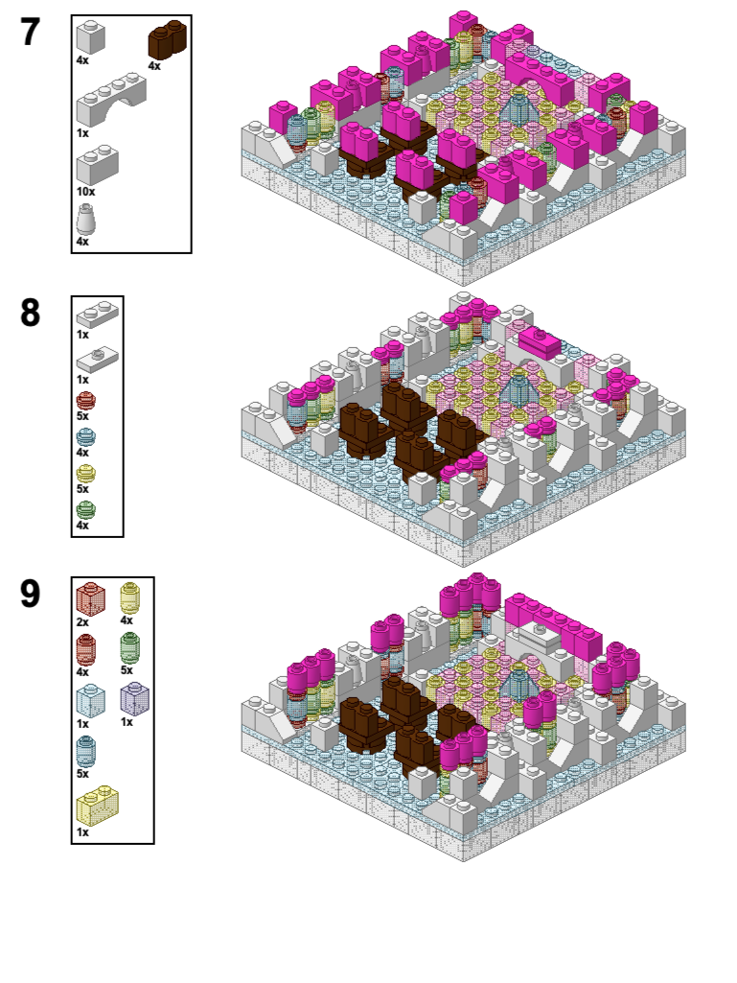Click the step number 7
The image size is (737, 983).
click(x=30, y=32)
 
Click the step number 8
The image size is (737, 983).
click(x=30, y=313)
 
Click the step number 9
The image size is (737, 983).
click(x=30, y=593)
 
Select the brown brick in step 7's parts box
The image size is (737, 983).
click(x=168, y=40)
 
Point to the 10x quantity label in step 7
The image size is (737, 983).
click(x=86, y=191)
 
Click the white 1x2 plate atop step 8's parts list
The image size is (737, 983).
click(x=97, y=315)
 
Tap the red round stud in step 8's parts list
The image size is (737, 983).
click(x=86, y=401)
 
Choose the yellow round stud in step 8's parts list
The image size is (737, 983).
click(x=86, y=474)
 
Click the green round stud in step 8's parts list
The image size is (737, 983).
click(x=86, y=509)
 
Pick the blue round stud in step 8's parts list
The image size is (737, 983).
click(x=86, y=437)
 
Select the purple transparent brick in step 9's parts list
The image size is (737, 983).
click(x=135, y=699)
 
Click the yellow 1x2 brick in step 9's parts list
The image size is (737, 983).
click(x=97, y=805)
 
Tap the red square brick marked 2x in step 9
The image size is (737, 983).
click(x=91, y=598)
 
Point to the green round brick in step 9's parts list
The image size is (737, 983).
click(x=129, y=648)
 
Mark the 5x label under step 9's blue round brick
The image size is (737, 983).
click(x=82, y=774)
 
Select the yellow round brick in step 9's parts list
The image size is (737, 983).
click(x=129, y=598)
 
